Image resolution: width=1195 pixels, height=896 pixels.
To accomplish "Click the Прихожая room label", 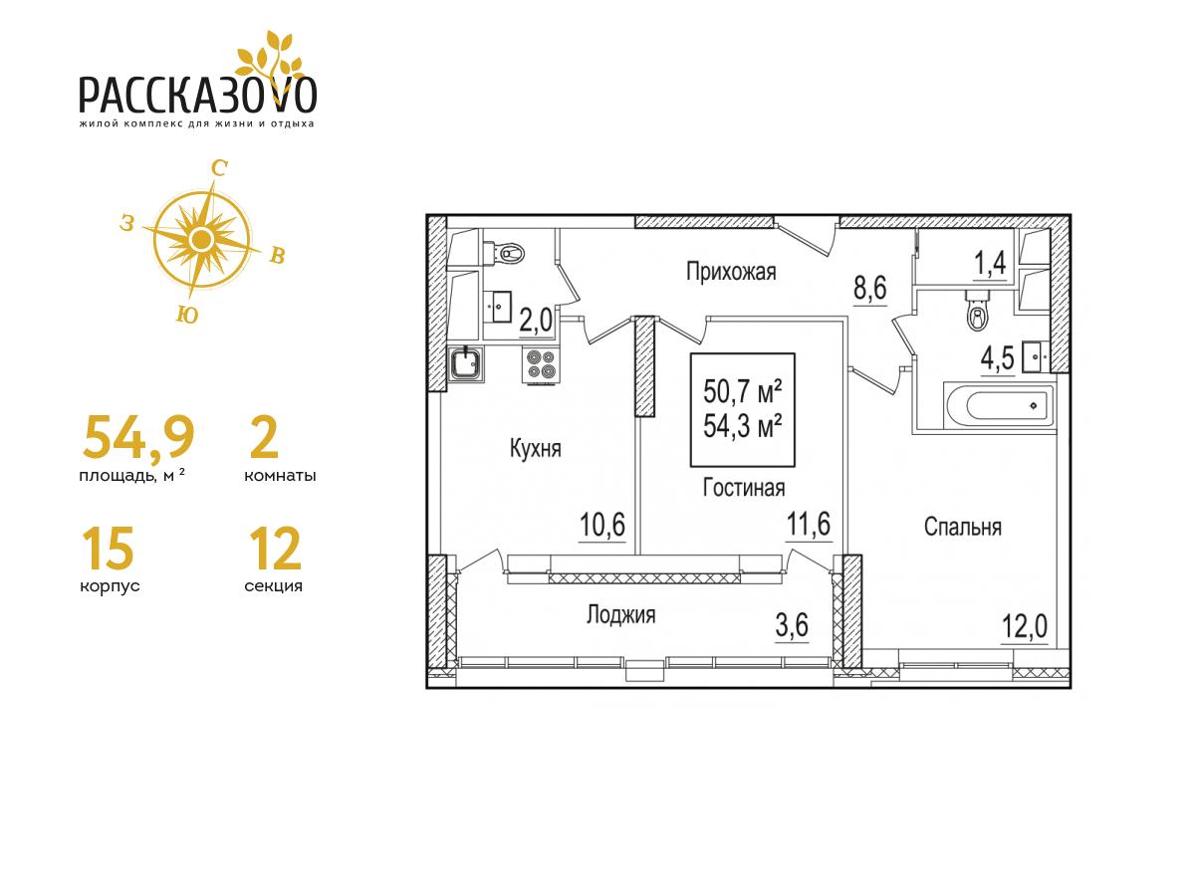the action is click(731, 272).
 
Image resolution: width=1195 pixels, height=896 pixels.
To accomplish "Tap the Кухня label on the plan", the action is click(535, 449).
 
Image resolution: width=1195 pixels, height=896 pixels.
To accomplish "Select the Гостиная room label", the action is click(744, 488).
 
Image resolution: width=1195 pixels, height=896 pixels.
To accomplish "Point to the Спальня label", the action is click(963, 527).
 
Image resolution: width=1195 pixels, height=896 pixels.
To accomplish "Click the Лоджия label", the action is click(620, 614).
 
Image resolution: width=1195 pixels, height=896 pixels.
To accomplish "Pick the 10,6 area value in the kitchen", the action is click(602, 525).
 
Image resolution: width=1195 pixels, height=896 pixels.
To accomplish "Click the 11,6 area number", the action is click(809, 525).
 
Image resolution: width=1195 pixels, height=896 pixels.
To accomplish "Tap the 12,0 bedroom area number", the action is click(1025, 627).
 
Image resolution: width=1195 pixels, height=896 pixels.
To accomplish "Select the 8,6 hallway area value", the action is click(870, 288).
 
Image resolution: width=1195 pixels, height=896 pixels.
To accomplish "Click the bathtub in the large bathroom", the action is click(1000, 406).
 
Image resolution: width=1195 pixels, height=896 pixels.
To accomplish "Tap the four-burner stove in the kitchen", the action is click(541, 364).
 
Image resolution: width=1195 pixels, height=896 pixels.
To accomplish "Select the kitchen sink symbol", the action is click(465, 364).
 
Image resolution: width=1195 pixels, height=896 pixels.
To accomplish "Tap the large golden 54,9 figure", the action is click(138, 437).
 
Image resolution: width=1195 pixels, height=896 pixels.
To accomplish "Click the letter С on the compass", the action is click(219, 169).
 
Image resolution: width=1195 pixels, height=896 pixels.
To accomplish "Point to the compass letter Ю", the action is click(187, 315).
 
